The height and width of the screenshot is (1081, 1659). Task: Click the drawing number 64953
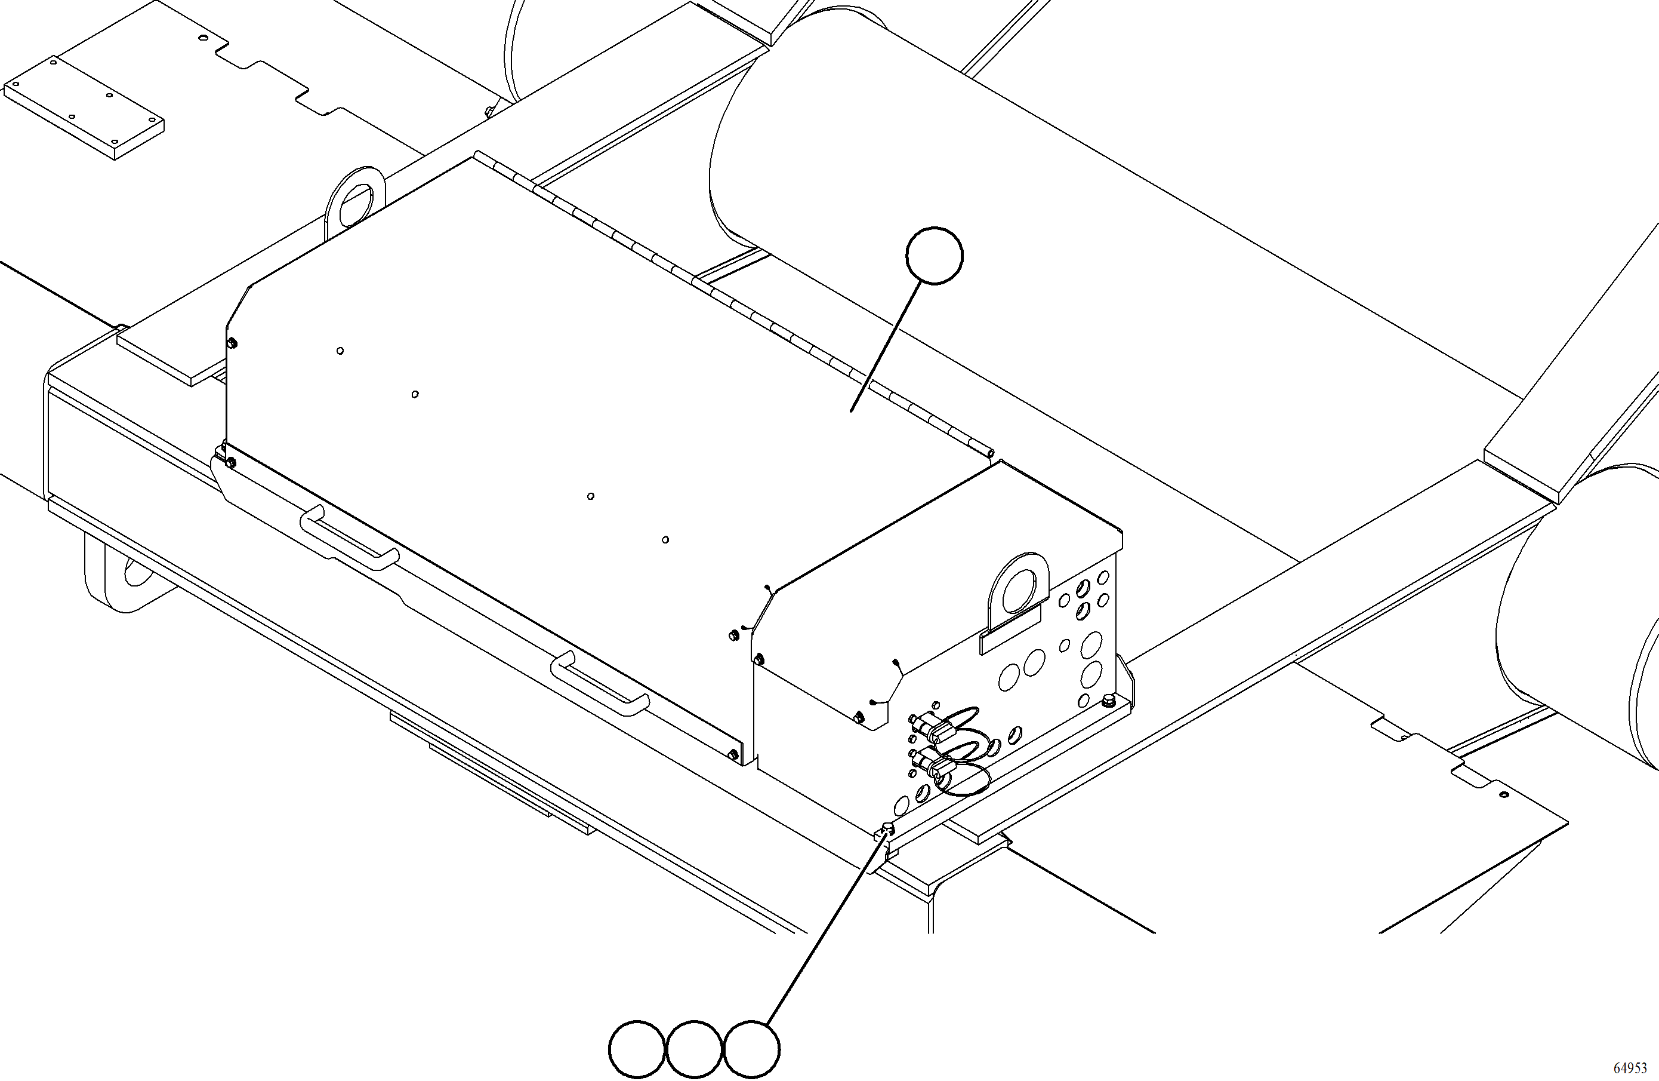pos(1630,1068)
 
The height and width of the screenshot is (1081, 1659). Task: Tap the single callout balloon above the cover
pos(934,255)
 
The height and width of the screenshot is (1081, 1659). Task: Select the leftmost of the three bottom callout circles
pos(636,1049)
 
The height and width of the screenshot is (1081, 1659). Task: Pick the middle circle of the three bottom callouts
pos(693,1049)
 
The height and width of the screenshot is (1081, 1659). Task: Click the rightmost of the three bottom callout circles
pos(751,1049)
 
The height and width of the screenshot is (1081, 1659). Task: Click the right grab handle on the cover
pos(600,683)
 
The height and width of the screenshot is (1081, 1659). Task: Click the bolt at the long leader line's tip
pos(887,828)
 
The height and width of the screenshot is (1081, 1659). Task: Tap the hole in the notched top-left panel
pos(203,38)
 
